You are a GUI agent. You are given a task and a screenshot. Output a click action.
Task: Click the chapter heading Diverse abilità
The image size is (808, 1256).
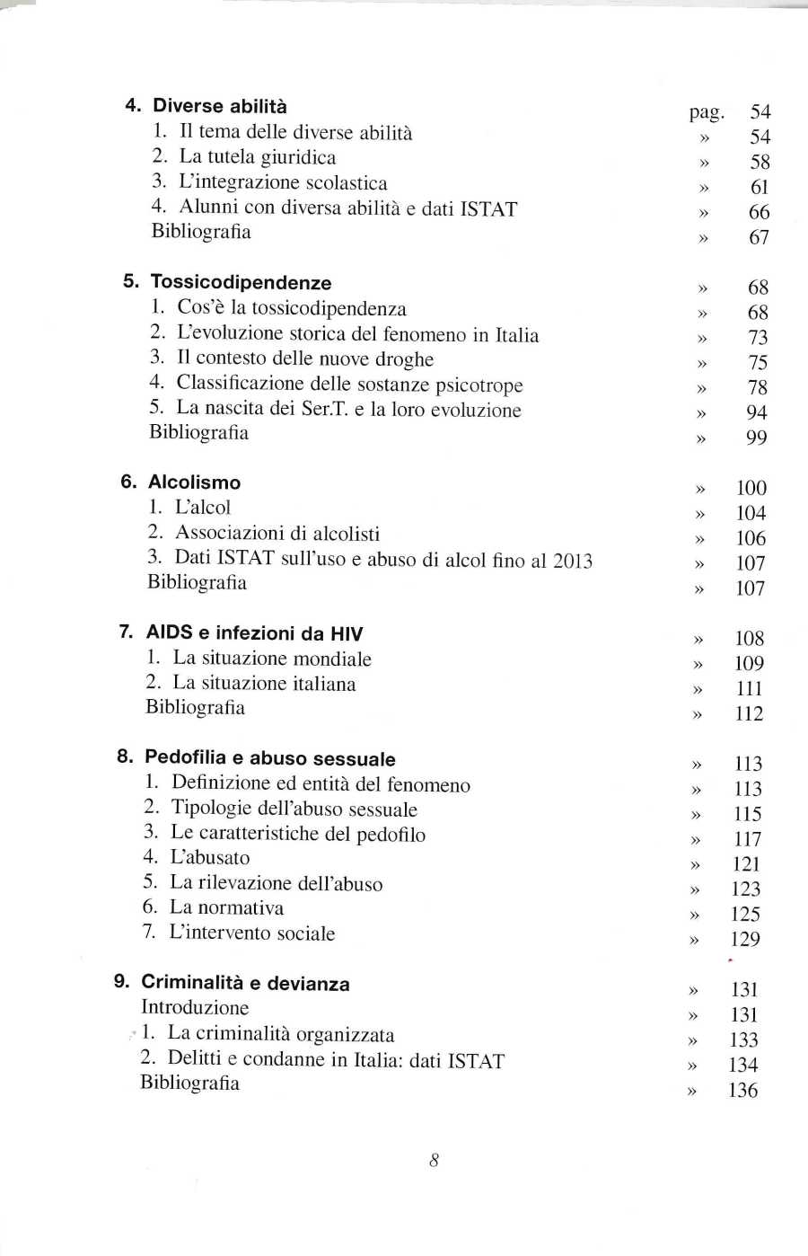tap(220, 106)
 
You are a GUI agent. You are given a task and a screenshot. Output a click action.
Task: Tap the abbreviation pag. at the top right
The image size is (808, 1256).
tap(706, 112)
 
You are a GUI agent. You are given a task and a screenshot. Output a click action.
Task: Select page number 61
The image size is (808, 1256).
tap(760, 187)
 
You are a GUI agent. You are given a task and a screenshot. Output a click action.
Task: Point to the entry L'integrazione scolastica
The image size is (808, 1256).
tap(283, 182)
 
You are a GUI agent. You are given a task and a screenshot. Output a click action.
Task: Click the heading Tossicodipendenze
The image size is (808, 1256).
tap(241, 282)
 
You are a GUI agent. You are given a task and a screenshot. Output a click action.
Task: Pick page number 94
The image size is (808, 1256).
tap(757, 412)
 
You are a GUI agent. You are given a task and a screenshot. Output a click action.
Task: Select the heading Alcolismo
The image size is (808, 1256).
tap(194, 482)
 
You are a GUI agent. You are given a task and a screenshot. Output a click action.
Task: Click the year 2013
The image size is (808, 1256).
tap(572, 561)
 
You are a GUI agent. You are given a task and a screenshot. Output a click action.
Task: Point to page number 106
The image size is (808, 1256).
tap(751, 538)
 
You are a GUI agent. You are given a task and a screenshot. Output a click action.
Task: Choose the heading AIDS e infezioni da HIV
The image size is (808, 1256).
tap(254, 633)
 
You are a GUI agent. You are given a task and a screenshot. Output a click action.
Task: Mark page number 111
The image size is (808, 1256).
tap(749, 689)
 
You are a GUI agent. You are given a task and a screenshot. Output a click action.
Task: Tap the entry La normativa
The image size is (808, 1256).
tap(226, 908)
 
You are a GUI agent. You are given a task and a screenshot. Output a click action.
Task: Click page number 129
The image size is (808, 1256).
tap(745, 940)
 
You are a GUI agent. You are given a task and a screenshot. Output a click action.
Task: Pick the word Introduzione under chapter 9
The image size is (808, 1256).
tap(195, 1008)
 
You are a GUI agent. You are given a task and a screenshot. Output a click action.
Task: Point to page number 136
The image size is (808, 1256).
tap(743, 1091)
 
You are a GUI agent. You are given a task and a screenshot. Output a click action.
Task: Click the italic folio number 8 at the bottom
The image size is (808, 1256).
tap(434, 1161)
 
